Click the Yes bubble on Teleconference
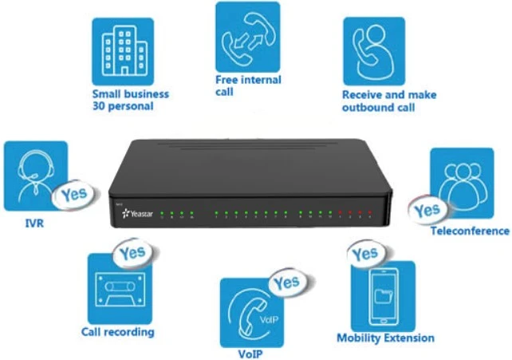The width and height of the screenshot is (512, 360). point(427,211)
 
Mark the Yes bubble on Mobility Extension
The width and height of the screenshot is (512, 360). point(364,254)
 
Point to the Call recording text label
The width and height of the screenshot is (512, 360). point(118,332)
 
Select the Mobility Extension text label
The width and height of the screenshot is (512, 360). point(385,338)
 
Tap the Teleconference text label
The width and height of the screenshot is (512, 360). point(469,231)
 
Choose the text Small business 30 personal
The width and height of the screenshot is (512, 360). point(130,100)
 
